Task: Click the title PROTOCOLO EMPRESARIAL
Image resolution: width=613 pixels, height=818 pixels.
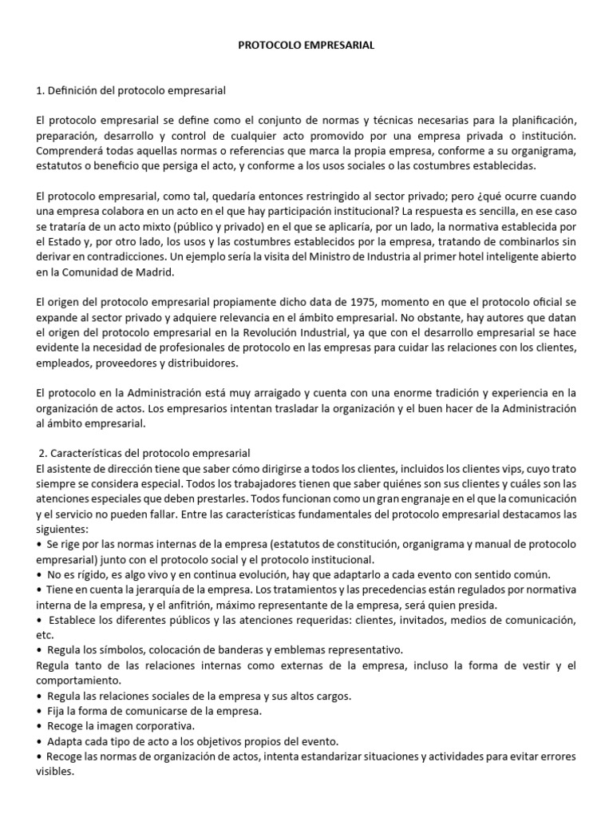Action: click(x=306, y=46)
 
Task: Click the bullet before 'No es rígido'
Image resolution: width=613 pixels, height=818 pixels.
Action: click(x=40, y=574)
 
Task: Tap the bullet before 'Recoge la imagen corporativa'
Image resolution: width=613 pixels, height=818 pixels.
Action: click(x=40, y=725)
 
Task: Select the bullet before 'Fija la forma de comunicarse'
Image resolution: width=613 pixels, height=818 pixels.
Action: click(x=40, y=711)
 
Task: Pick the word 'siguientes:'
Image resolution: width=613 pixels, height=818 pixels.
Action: click(x=63, y=529)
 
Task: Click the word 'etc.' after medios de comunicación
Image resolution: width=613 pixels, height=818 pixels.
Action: click(x=45, y=634)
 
